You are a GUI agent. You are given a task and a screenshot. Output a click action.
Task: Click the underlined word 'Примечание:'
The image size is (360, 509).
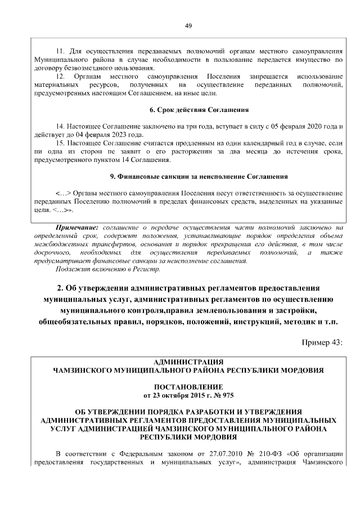tap(78, 227)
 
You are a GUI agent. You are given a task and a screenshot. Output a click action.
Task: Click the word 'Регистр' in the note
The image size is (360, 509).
tap(140, 268)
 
